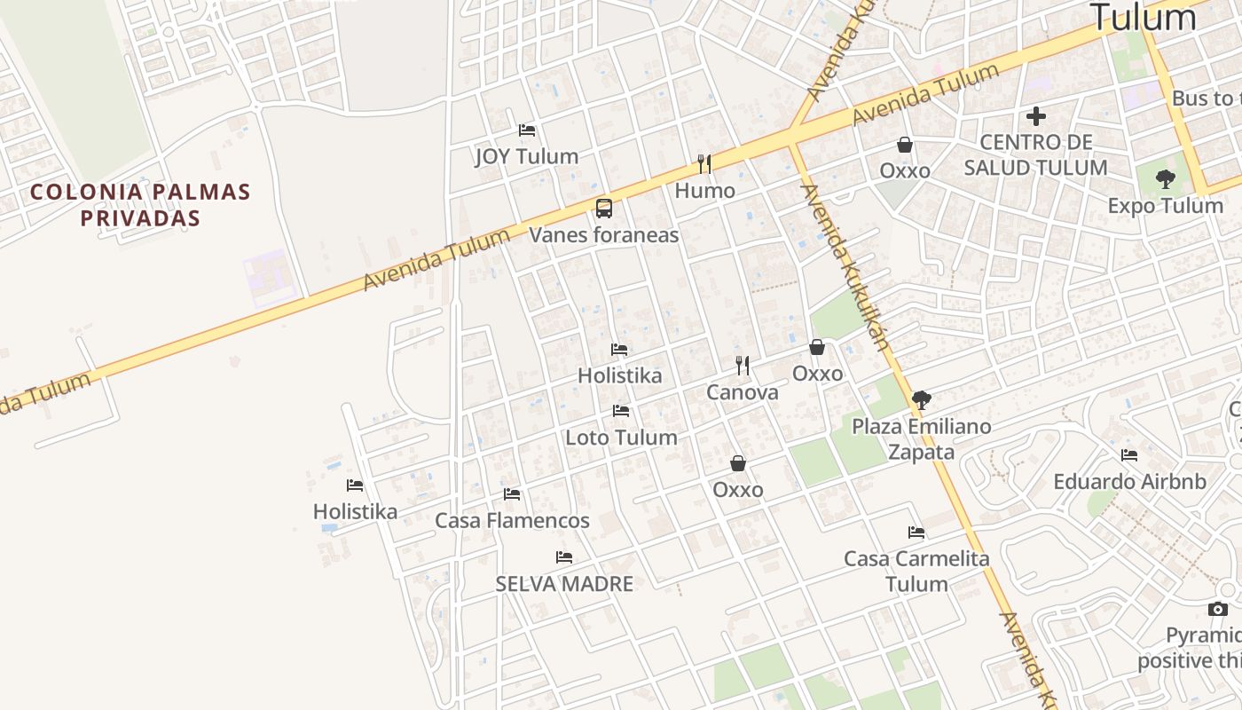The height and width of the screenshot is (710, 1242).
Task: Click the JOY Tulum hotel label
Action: pyautogui.click(x=526, y=156)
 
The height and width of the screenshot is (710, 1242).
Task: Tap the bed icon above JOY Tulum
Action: pyautogui.click(x=527, y=130)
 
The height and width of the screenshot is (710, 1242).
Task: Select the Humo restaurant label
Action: pyautogui.click(x=704, y=191)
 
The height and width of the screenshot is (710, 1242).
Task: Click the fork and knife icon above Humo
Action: pyautogui.click(x=704, y=164)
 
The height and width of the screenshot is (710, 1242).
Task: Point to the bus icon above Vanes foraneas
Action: pyautogui.click(x=603, y=209)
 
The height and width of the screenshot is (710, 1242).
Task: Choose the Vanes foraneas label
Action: pyautogui.click(x=603, y=235)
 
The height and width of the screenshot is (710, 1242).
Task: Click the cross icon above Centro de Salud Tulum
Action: pyautogui.click(x=1035, y=116)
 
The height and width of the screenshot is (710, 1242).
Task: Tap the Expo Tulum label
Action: pyautogui.click(x=1165, y=206)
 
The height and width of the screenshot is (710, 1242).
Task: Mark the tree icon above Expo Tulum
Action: pyautogui.click(x=1166, y=179)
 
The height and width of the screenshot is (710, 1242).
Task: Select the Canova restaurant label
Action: pyautogui.click(x=742, y=392)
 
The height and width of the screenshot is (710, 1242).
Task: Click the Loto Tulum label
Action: pyautogui.click(x=621, y=438)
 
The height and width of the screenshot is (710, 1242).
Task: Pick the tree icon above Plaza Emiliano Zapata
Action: pyautogui.click(x=922, y=400)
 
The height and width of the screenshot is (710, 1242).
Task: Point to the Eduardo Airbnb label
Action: pyautogui.click(x=1129, y=482)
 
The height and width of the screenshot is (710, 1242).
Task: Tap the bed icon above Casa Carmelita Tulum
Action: pyautogui.click(x=916, y=532)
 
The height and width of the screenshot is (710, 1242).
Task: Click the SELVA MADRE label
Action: pyautogui.click(x=564, y=584)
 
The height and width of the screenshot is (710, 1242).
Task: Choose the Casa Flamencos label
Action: pyautogui.click(x=512, y=521)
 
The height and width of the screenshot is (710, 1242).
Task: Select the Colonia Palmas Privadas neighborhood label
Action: pyautogui.click(x=140, y=205)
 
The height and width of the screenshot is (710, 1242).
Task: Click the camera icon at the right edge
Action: pyautogui.click(x=1218, y=609)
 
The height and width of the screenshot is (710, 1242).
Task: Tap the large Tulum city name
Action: pyautogui.click(x=1143, y=18)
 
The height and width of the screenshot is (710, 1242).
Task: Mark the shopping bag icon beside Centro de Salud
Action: pyautogui.click(x=905, y=144)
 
